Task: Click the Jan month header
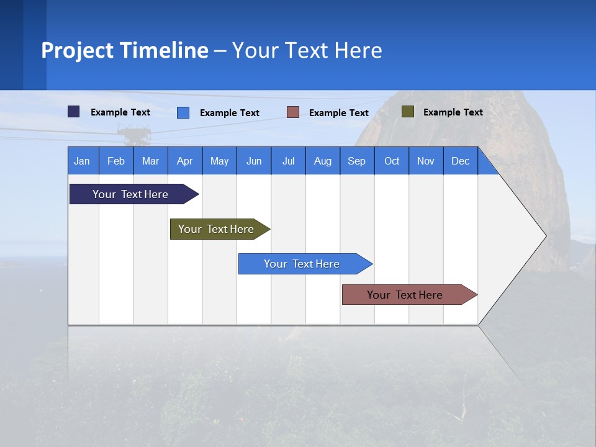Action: (x=82, y=161)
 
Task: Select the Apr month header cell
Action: (x=184, y=161)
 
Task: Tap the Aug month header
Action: (x=322, y=161)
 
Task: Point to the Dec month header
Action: (x=460, y=161)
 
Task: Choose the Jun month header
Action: (x=253, y=161)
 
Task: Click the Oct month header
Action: (x=391, y=161)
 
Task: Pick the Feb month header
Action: (x=116, y=161)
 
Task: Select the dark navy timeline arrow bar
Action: (x=130, y=194)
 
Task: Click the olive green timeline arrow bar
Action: (x=216, y=229)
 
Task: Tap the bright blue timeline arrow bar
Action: (x=302, y=264)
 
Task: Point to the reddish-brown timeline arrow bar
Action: (x=405, y=295)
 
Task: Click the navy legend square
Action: (x=74, y=112)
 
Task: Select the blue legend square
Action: (x=183, y=112)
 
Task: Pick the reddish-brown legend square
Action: (x=293, y=112)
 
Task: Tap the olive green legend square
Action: (x=407, y=112)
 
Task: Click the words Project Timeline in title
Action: (x=125, y=50)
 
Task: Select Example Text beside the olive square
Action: (x=453, y=112)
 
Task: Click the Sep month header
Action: (x=356, y=161)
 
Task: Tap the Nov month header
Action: (x=425, y=161)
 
